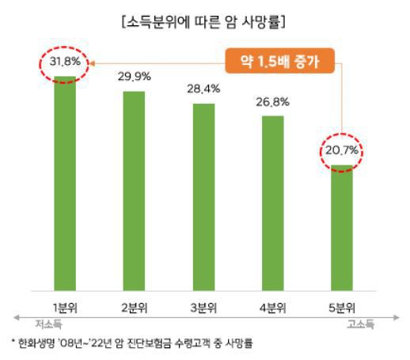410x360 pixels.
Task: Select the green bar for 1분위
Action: pyautogui.click(x=65, y=182)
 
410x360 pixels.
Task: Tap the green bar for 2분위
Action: pyautogui.click(x=135, y=190)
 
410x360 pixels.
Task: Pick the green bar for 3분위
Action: pyautogui.click(x=204, y=196)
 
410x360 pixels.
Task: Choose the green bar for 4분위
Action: pyautogui.click(x=274, y=203)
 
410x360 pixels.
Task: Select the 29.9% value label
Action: pyautogui.click(x=135, y=77)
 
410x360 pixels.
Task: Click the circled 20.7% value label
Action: pyautogui.click(x=343, y=150)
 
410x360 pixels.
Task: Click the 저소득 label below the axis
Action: pyautogui.click(x=48, y=324)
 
